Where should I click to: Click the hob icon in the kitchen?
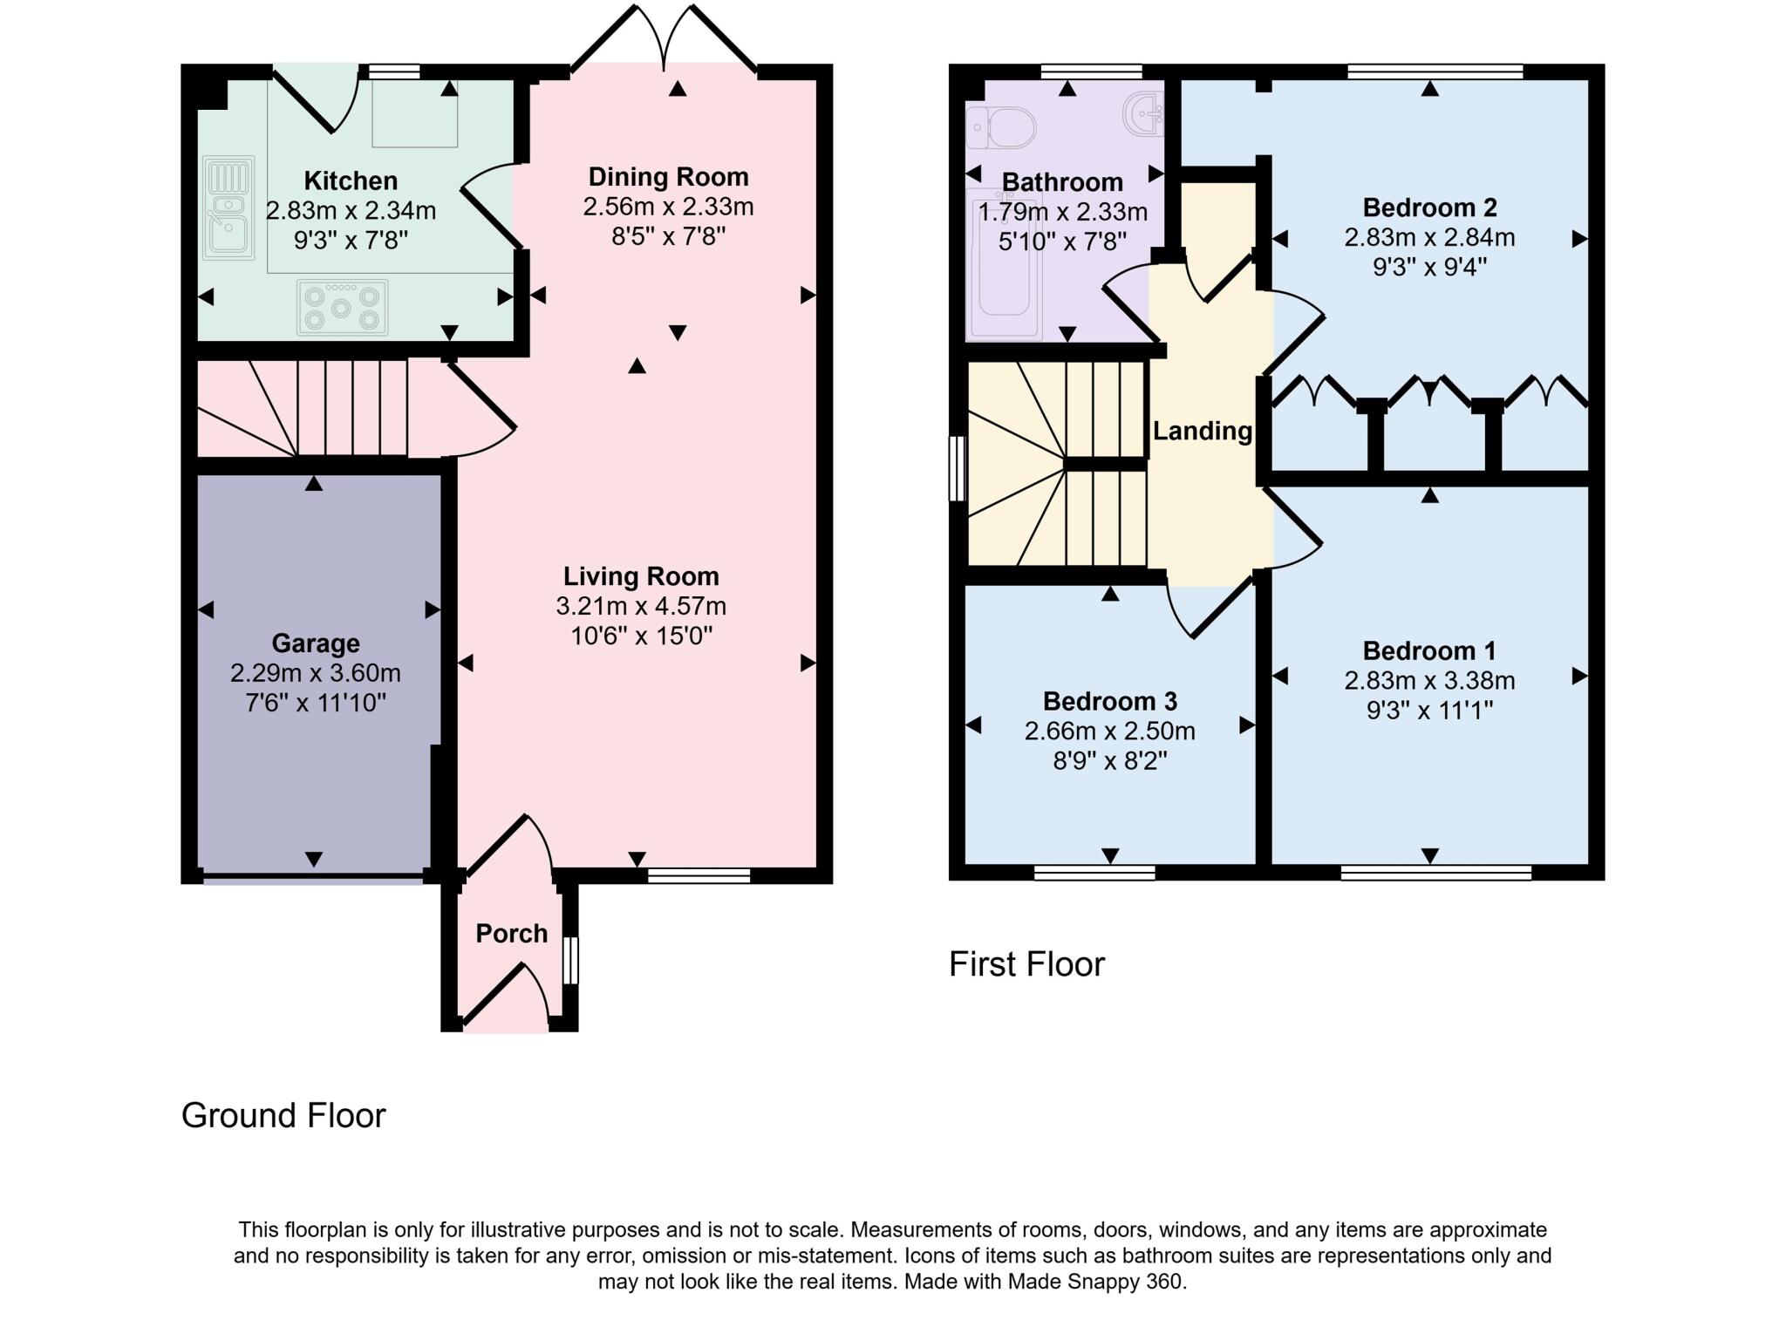(x=342, y=307)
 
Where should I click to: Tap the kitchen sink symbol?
(x=228, y=208)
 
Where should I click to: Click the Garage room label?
(x=316, y=643)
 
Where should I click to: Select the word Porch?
(x=511, y=934)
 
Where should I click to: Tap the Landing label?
(x=1202, y=431)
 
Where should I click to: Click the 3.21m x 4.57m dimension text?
(x=641, y=606)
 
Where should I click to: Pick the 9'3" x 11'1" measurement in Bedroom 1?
(x=1428, y=711)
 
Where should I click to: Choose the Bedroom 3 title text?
(x=1109, y=701)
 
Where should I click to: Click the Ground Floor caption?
(x=283, y=1115)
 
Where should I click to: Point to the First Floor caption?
(x=1026, y=964)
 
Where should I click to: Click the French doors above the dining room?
(x=665, y=39)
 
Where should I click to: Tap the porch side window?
(x=570, y=960)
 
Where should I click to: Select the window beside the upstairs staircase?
(x=958, y=469)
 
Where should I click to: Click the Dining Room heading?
(x=668, y=177)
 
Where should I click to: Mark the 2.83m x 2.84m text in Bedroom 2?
(x=1428, y=237)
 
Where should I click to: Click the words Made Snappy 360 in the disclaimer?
(x=1096, y=1282)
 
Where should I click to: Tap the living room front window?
(x=699, y=875)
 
